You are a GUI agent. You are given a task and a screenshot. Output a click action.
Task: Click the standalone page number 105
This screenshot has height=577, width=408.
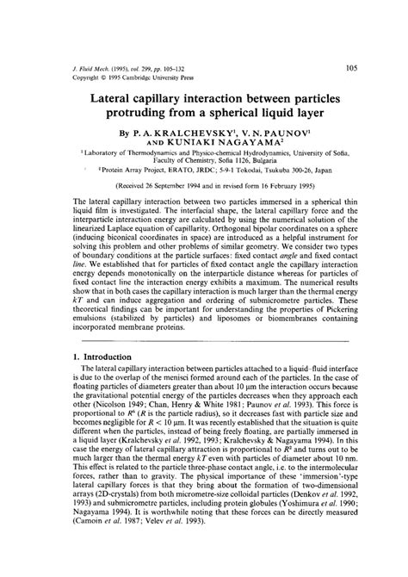point(352,65)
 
